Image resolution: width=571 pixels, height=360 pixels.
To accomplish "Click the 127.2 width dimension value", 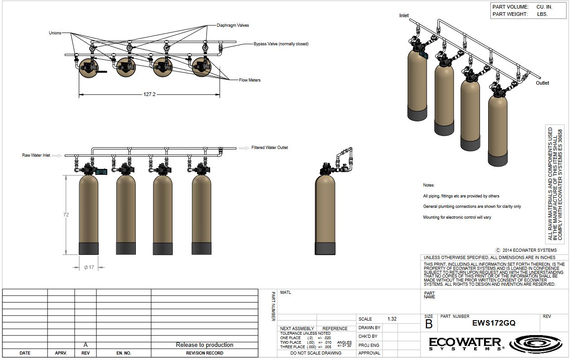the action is coord(149,94).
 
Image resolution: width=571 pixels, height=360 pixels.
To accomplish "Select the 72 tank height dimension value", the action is coord(66,215).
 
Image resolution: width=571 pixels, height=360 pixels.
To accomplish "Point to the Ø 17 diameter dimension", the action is coord(89,267).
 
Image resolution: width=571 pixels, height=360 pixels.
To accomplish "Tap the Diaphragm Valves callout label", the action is coord(233,25).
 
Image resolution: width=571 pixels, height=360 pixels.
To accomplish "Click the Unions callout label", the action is coord(55,33).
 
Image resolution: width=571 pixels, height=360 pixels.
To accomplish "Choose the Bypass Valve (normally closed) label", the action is coord(281,44).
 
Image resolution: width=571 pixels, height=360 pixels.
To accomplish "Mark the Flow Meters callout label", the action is coord(250,80).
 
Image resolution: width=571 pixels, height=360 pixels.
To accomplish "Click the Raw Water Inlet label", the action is coord(36,155).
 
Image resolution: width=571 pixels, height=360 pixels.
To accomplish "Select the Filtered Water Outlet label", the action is coord(270,148).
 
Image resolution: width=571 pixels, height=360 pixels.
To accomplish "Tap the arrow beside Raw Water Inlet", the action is coord(57,155).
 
